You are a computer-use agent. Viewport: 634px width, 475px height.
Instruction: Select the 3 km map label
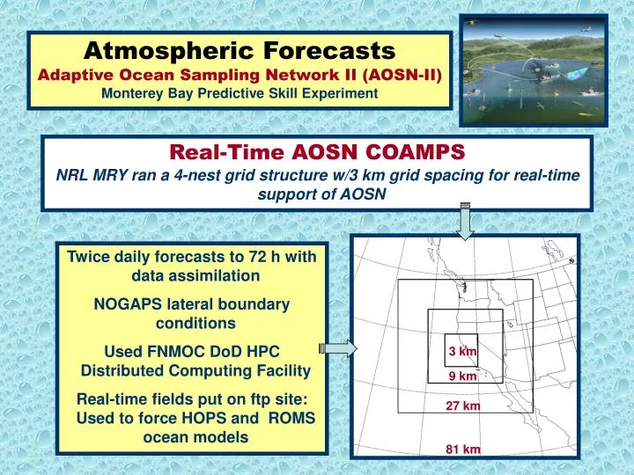point(462,353)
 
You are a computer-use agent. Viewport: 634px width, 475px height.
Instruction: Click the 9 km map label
point(462,376)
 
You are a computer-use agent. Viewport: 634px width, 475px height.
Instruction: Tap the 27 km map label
point(462,406)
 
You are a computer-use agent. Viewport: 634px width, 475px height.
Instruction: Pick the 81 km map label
point(462,449)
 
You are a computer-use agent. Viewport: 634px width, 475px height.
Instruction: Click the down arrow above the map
point(466,220)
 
